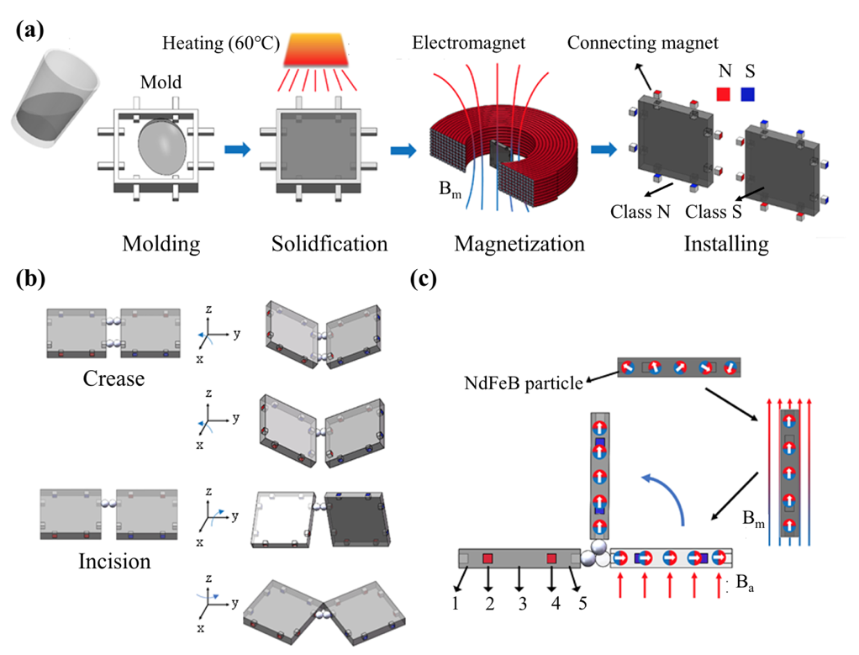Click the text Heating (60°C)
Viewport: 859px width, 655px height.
pyautogui.click(x=222, y=42)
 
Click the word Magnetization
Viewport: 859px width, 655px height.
pyautogui.click(x=519, y=244)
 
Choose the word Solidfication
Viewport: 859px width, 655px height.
pyautogui.click(x=329, y=244)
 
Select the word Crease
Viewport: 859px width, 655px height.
pyautogui.click(x=113, y=378)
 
